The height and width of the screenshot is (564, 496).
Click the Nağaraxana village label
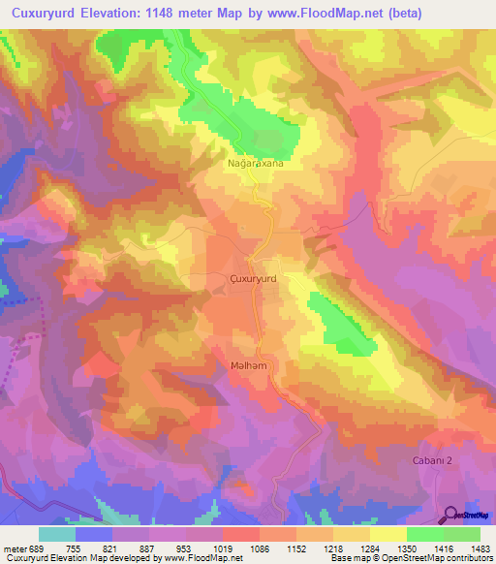tap(256, 165)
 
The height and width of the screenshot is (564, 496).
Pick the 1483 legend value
tap(479, 548)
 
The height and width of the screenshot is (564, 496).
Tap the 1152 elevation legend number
tap(296, 548)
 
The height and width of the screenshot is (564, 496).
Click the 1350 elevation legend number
tap(406, 548)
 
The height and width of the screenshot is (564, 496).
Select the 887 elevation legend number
tap(148, 548)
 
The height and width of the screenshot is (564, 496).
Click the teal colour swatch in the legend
tap(57, 534)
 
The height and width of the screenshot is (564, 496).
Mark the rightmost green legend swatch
tap(461, 534)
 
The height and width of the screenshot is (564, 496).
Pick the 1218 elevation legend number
tap(332, 548)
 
